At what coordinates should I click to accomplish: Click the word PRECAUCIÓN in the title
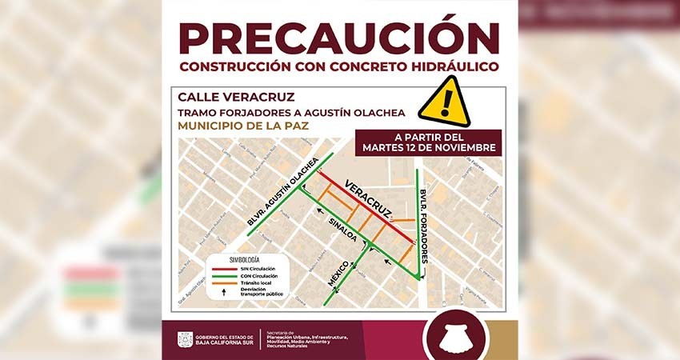point(340,38)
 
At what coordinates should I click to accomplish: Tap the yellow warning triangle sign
point(444,102)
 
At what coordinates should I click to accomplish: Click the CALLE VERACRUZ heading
point(226,97)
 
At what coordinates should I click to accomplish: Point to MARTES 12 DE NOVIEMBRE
point(431,148)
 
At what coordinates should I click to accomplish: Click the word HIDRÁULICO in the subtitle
point(455,66)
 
